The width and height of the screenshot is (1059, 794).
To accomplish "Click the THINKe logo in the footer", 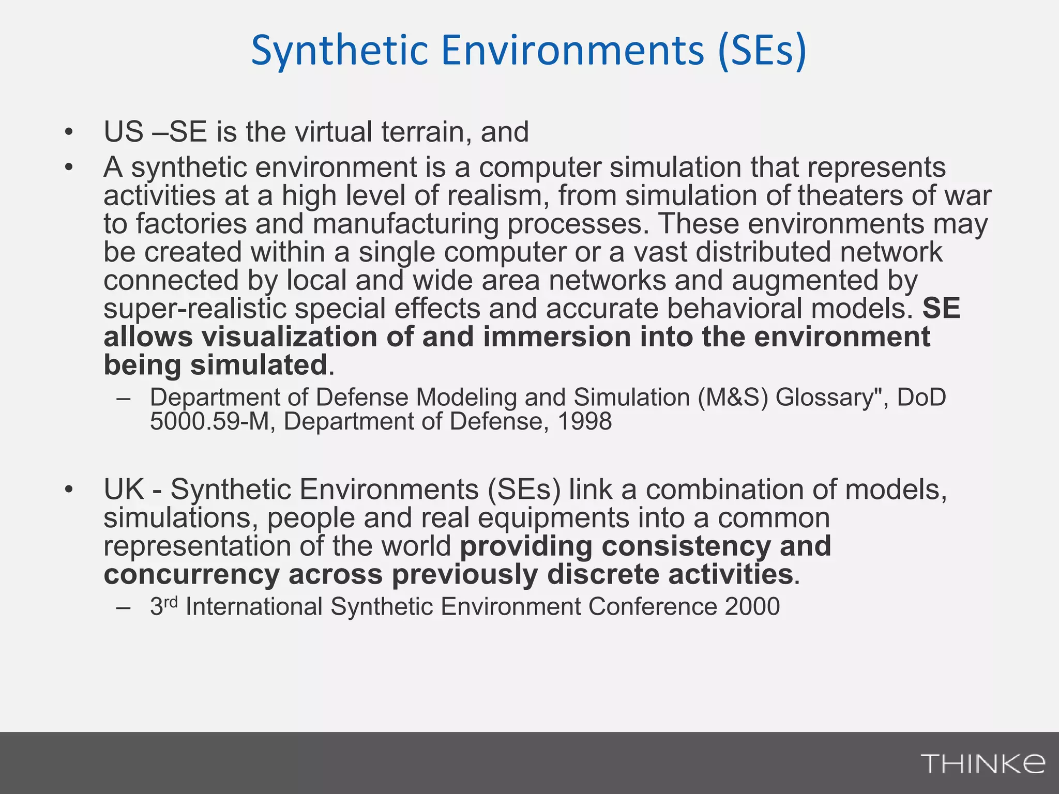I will [982, 763].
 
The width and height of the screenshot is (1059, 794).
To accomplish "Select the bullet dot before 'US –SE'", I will [69, 133].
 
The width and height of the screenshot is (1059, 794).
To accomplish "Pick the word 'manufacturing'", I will [405, 224].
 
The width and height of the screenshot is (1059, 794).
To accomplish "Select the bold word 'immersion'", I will [557, 337].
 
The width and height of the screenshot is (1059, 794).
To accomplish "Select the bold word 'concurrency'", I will [191, 575].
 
